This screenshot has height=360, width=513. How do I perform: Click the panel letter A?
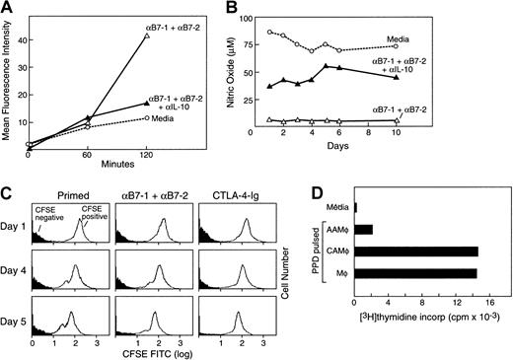pyautogui.click(x=7, y=8)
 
